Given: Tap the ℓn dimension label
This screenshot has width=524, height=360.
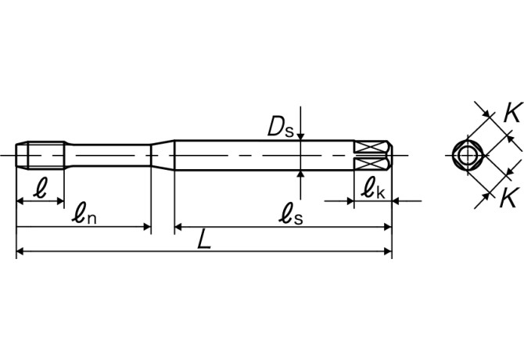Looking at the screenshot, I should pos(84,213).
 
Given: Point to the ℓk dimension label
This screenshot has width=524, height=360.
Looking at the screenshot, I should pos(373,187).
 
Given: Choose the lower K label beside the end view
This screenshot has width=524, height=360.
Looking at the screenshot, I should pos(511,197).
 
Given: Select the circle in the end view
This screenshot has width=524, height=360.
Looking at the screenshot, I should pos(468,155).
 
